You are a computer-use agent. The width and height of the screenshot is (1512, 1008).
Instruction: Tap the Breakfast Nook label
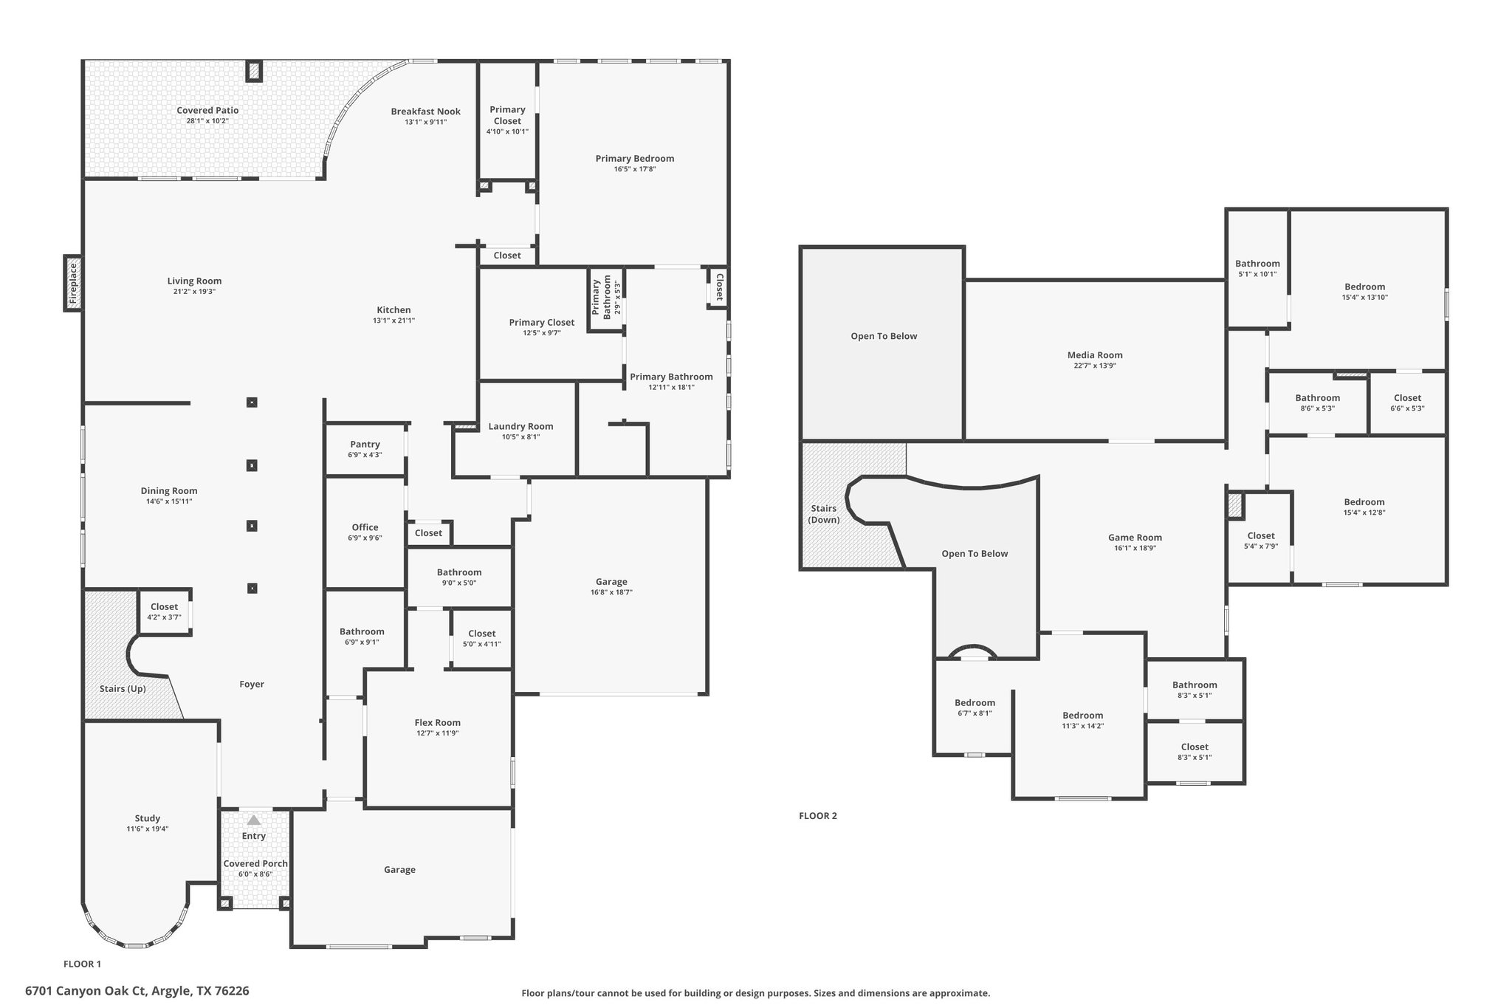click(426, 112)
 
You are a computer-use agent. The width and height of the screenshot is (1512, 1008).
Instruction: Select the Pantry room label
click(365, 444)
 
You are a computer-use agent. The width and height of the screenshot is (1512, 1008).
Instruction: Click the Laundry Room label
click(520, 426)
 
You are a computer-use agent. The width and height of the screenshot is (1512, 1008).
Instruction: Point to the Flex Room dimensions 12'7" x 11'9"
click(437, 733)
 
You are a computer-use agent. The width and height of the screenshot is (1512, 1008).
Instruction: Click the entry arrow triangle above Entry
click(254, 820)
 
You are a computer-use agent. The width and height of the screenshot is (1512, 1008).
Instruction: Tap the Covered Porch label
click(255, 863)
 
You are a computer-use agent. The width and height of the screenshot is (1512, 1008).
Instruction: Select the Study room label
click(148, 818)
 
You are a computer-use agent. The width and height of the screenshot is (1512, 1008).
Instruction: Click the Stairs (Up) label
click(123, 689)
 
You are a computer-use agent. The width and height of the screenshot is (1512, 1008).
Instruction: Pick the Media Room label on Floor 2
click(1095, 355)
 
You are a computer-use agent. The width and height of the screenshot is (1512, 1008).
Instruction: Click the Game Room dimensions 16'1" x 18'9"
click(1135, 548)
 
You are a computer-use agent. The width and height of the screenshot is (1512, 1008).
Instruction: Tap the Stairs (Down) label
click(824, 514)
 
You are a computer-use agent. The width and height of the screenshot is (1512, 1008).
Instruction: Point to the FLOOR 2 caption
click(818, 816)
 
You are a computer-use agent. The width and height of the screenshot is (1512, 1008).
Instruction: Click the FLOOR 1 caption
click(82, 964)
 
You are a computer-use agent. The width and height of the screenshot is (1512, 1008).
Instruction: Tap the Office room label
click(365, 527)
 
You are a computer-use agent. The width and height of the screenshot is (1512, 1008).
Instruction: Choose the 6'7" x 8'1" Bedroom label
click(975, 703)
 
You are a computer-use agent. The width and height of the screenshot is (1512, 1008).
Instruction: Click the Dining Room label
click(169, 491)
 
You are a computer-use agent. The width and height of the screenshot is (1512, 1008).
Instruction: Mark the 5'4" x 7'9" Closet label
click(1261, 536)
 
